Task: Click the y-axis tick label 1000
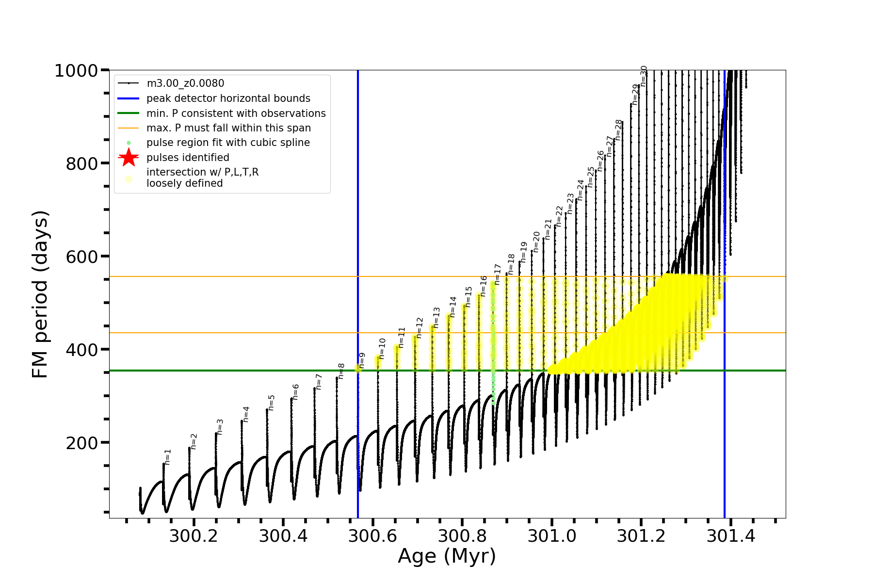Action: coord(76,71)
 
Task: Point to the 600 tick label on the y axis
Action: coord(82,257)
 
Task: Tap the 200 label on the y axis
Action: coord(82,443)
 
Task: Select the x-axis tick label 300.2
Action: coord(194,536)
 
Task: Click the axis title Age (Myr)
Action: coord(447,556)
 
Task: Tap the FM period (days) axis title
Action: coord(40,294)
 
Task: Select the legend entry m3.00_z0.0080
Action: coord(185,83)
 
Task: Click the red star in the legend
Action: coord(129,157)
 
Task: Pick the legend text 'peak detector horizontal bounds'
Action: coord(228,98)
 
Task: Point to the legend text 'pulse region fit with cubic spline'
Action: coord(228,143)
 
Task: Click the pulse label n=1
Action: coord(168,457)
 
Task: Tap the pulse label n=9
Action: coord(362,360)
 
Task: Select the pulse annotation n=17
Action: coord(497,275)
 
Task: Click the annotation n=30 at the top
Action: coord(644,76)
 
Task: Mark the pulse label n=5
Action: coord(272,403)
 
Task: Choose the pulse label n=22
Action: coord(559,216)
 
